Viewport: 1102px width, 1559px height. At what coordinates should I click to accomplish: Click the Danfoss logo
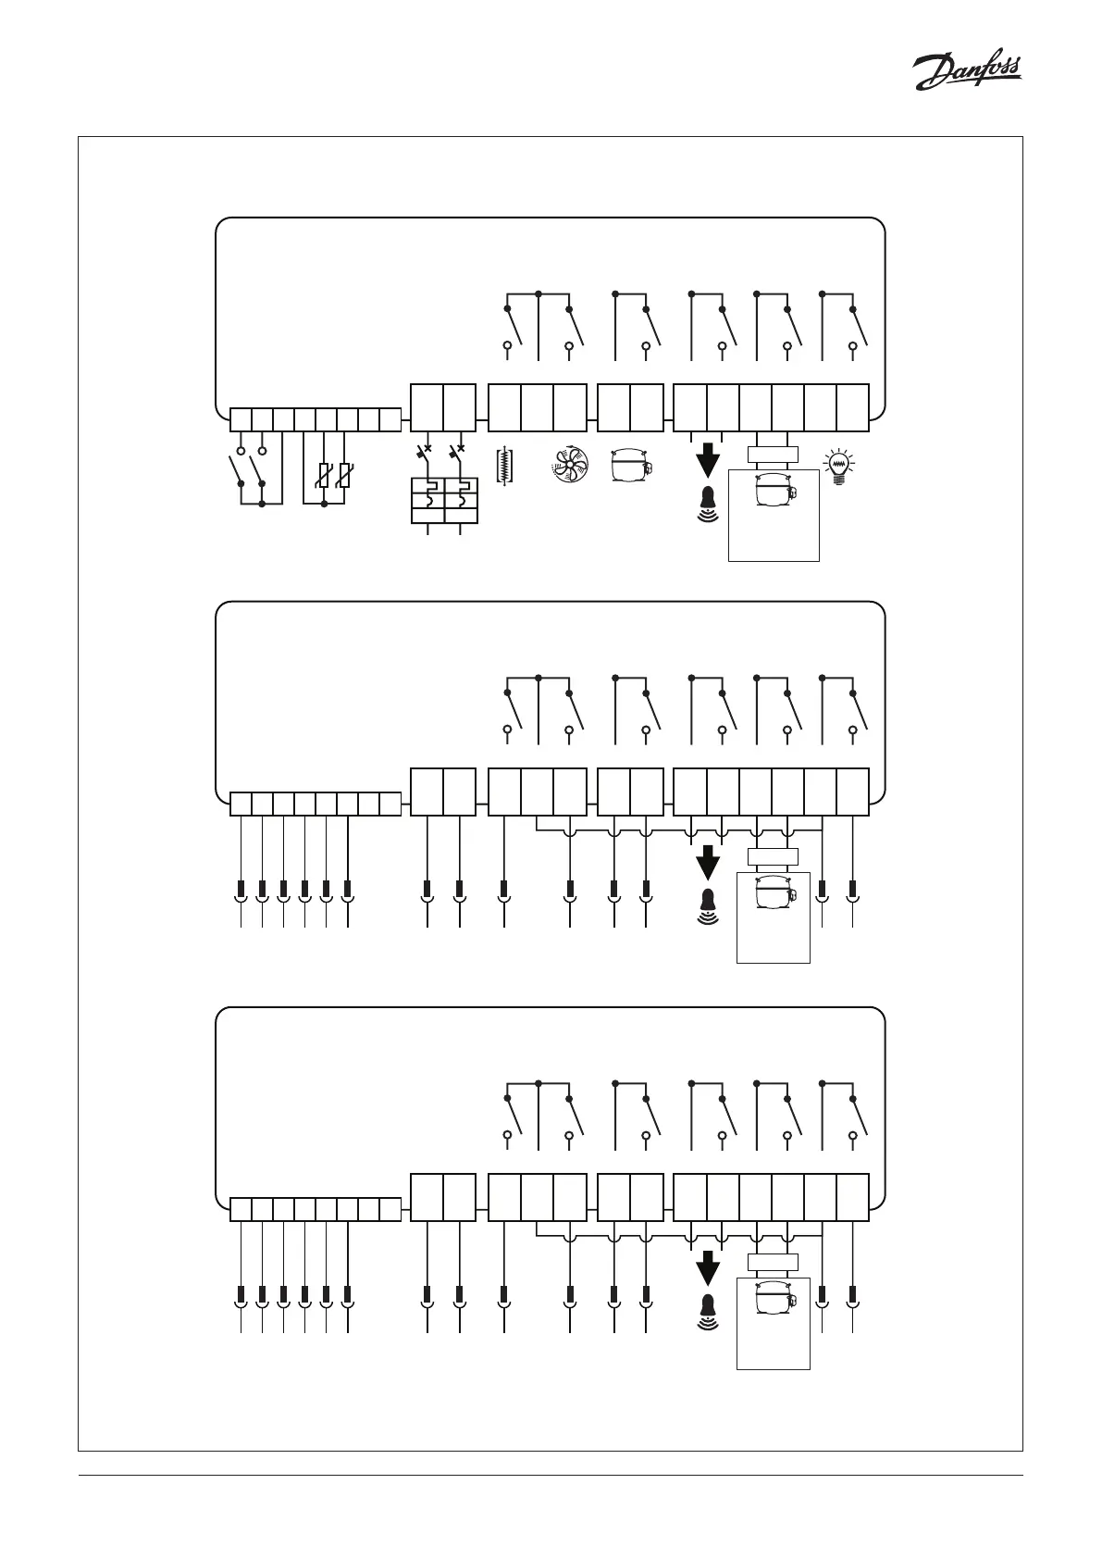[967, 72]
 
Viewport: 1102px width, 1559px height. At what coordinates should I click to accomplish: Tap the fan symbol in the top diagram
[570, 466]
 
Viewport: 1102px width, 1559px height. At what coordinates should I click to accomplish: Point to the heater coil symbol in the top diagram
[504, 467]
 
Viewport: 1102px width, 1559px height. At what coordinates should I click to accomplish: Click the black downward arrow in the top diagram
[708, 459]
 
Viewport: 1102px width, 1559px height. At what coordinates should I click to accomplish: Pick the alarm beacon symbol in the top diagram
[708, 503]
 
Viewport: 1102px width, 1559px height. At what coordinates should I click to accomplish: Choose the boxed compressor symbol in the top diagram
[774, 490]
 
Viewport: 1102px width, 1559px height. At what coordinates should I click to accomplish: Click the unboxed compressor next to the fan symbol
[632, 466]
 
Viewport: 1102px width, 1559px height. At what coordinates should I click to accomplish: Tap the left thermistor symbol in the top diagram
[324, 476]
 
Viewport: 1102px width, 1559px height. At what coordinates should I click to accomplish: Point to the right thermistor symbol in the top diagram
[345, 476]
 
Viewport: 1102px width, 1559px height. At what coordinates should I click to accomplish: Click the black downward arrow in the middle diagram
[708, 862]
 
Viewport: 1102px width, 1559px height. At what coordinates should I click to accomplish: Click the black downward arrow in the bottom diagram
[708, 1267]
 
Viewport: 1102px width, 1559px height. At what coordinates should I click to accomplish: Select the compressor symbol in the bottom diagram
[774, 1299]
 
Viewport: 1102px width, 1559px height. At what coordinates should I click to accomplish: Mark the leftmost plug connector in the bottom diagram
[241, 1296]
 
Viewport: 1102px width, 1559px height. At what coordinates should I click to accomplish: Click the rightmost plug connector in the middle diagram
[852, 892]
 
